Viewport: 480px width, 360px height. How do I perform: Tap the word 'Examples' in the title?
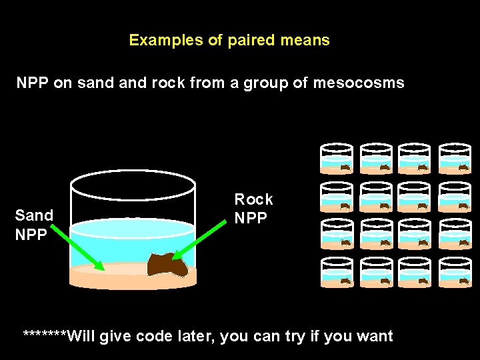[166, 40]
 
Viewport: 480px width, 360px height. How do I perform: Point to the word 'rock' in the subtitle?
[181, 83]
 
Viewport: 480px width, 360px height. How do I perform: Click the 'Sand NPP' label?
[34, 225]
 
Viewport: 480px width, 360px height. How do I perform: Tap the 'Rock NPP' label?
[253, 209]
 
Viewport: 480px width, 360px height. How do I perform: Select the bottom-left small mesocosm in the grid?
[337, 272]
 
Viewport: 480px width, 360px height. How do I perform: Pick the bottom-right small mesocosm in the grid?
[455, 272]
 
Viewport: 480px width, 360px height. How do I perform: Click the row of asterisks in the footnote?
[45, 335]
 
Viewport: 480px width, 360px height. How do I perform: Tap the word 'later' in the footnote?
[195, 335]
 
